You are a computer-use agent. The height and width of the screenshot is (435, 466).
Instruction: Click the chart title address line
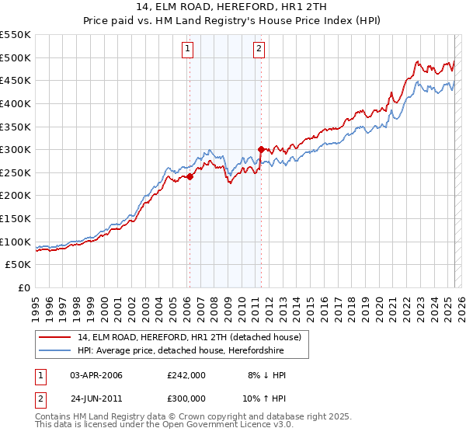pyautogui.click(x=232, y=9)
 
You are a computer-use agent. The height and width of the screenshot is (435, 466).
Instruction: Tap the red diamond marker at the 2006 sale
pyautogui.click(x=190, y=176)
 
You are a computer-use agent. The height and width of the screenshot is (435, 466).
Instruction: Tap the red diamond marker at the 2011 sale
pyautogui.click(x=261, y=149)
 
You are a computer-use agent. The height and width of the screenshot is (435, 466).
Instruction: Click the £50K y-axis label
pyautogui.click(x=19, y=264)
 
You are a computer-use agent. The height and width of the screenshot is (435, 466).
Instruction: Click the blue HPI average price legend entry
pyautogui.click(x=180, y=351)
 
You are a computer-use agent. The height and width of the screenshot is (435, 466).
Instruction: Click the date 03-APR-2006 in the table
pyautogui.click(x=96, y=375)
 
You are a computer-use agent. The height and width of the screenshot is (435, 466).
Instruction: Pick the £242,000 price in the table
pyautogui.click(x=186, y=375)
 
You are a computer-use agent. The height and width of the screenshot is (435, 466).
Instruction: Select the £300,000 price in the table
pyautogui.click(x=186, y=400)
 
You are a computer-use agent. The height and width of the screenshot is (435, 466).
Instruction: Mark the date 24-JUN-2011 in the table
pyautogui.click(x=96, y=400)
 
